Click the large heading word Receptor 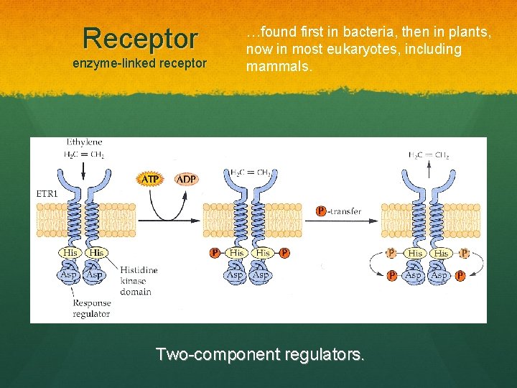(140, 37)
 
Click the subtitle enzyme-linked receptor (140, 64)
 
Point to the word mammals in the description (279, 67)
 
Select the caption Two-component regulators (260, 354)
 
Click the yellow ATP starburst (150, 178)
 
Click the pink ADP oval (186, 178)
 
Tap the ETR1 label (47, 193)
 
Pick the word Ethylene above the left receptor (84, 143)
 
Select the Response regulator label (91, 308)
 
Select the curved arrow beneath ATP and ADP (167, 208)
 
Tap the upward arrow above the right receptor (429, 170)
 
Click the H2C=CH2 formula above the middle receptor (250, 172)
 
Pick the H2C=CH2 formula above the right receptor (429, 154)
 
